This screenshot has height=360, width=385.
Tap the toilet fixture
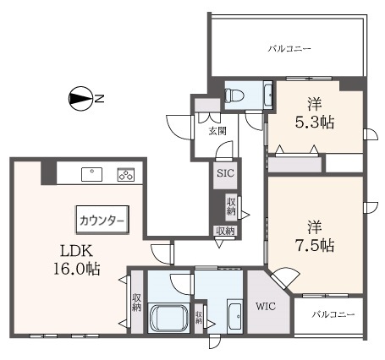(x=234, y=95)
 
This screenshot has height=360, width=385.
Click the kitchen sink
(x=91, y=175)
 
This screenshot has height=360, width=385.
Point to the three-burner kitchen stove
(x=125, y=175)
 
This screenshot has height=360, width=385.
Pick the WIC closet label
(x=267, y=307)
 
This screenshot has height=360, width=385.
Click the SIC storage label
(x=226, y=173)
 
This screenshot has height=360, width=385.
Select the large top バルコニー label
(x=289, y=48)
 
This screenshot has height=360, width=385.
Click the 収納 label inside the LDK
(x=136, y=302)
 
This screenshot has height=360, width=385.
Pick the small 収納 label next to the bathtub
(x=199, y=319)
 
